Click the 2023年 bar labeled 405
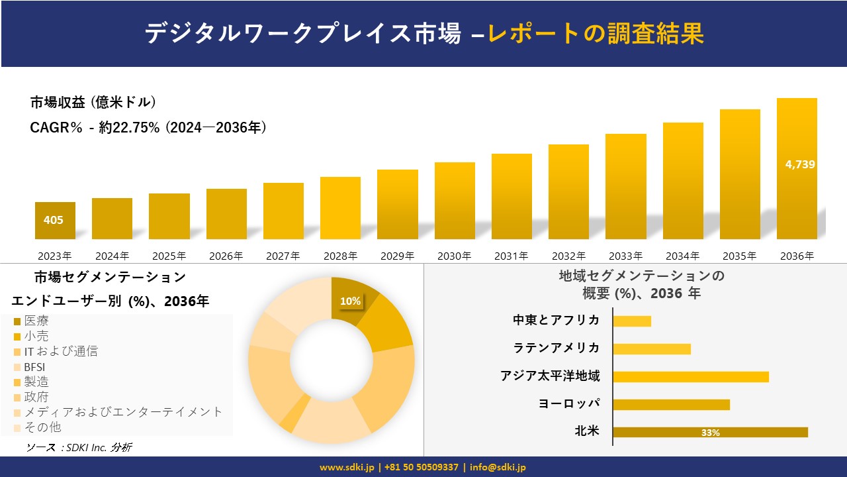coord(55,221)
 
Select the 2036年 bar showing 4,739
coord(797,192)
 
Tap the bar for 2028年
coord(340,208)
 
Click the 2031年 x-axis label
coord(511,256)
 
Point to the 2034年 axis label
coord(682,256)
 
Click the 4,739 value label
coord(800,165)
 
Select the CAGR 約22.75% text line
coord(148,127)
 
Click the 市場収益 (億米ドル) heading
coord(93,103)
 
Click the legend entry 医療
coord(36,321)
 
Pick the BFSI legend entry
coord(34,367)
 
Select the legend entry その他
coord(42,427)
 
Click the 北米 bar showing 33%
coord(710,432)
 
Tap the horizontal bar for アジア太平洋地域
coord(691,376)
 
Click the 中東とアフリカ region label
coord(557,321)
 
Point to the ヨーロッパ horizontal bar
coord(671,404)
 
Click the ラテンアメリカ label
coord(557,348)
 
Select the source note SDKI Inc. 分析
coord(79,448)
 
